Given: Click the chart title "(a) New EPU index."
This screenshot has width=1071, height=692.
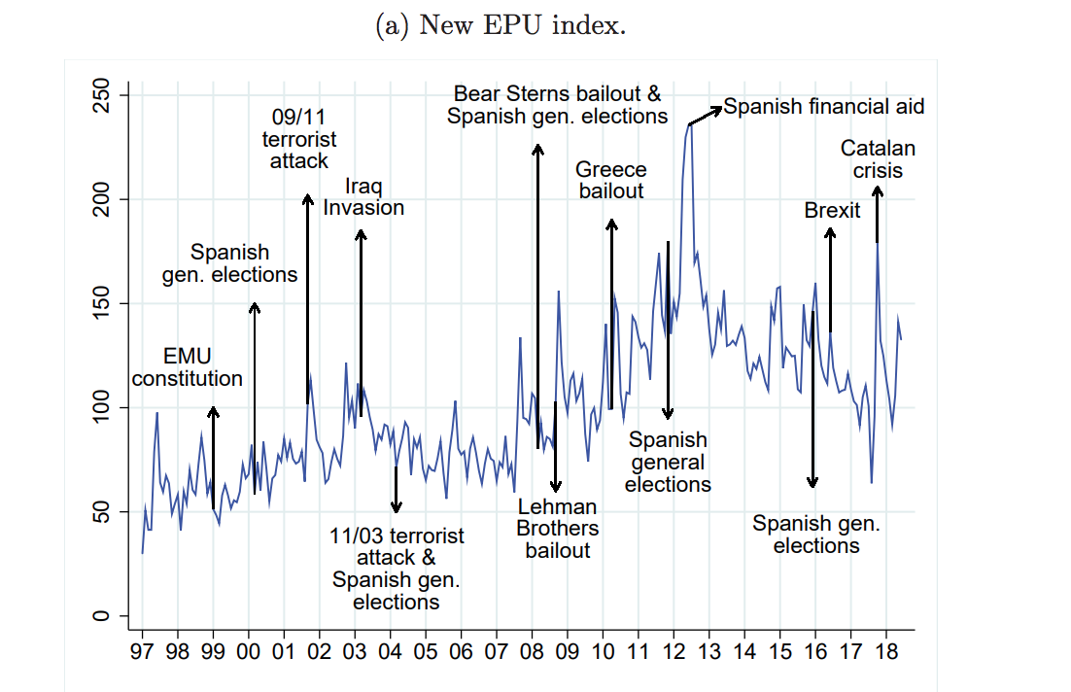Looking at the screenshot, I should click(501, 26).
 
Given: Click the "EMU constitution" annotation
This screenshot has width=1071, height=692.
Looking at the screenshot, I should click(187, 367).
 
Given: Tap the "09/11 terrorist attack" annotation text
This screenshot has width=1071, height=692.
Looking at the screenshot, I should click(299, 139).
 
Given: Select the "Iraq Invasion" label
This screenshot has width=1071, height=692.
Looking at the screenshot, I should click(363, 196).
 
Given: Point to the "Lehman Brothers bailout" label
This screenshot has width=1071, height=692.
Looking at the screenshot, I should click(557, 529).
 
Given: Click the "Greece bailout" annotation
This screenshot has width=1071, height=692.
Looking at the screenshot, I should click(611, 180).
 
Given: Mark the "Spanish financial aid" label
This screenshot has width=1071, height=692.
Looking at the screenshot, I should click(824, 107).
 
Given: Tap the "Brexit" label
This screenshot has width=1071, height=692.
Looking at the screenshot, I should click(832, 210).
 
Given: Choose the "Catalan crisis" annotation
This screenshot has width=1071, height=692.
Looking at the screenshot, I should click(878, 159).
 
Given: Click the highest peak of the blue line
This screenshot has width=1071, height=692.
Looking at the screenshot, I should click(689, 125).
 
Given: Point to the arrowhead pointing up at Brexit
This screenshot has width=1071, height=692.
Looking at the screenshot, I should click(830, 232).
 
